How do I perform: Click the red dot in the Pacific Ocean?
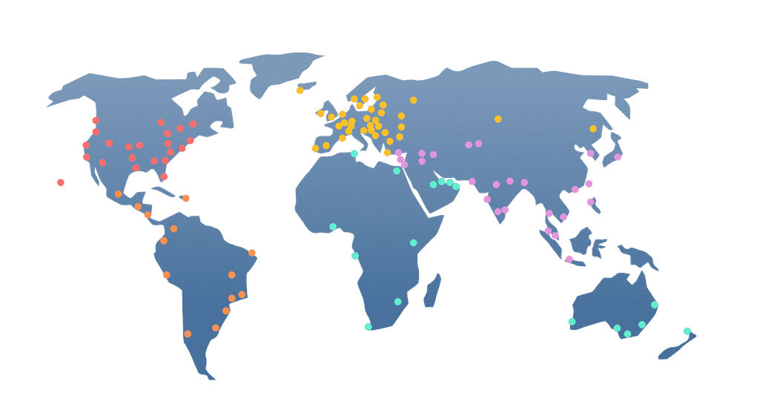click(61, 182)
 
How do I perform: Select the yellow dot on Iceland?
click(300, 90)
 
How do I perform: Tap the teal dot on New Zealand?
click(687, 331)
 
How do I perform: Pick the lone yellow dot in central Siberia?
click(498, 119)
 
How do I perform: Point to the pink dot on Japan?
click(618, 157)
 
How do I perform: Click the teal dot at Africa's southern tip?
click(368, 326)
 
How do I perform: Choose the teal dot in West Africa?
click(333, 226)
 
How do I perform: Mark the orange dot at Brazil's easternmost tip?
click(252, 253)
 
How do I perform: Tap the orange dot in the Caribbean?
click(185, 198)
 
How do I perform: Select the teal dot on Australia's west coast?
click(572, 321)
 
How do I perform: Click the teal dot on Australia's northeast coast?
click(654, 305)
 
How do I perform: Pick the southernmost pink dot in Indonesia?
click(569, 259)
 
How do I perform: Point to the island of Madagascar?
click(431, 290)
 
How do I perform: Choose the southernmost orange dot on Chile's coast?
click(188, 334)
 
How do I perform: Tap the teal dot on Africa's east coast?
click(413, 242)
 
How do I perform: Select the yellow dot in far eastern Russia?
click(592, 128)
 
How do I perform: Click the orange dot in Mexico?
click(119, 194)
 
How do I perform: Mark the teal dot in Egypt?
click(397, 171)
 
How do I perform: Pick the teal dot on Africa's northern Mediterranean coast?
click(354, 153)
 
